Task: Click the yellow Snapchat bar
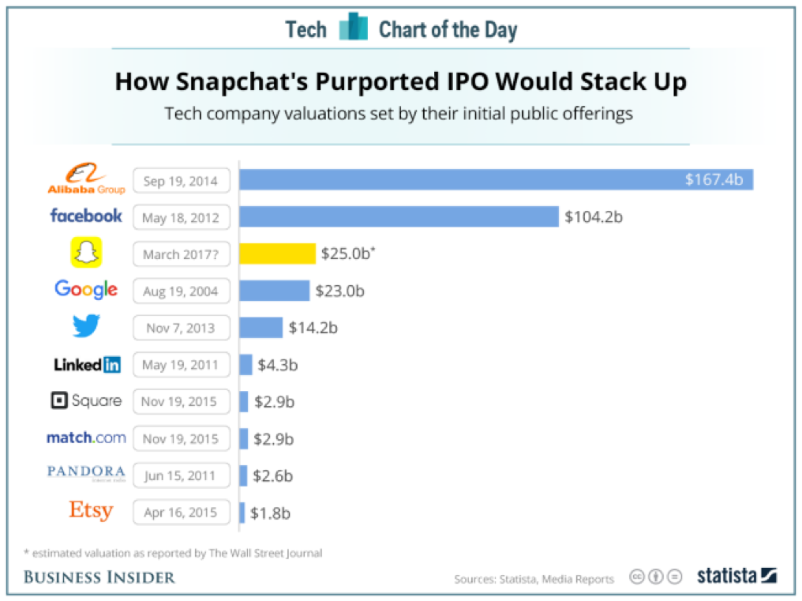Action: click(277, 254)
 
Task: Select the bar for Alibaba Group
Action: click(496, 179)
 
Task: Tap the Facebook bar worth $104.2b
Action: click(399, 216)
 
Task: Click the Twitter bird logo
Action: click(86, 327)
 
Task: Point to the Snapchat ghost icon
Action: click(87, 253)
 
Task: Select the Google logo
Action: click(86, 290)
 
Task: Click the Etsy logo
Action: click(91, 511)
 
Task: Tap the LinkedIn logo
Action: click(87, 364)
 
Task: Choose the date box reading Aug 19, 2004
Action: click(182, 291)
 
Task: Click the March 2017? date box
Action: click(182, 254)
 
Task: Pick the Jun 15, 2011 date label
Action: click(182, 475)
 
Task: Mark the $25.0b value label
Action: click(347, 254)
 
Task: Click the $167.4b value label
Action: click(714, 179)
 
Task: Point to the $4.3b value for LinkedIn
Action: click(278, 365)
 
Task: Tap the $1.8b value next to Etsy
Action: click(270, 513)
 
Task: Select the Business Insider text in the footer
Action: click(99, 577)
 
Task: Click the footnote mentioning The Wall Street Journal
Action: click(173, 553)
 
